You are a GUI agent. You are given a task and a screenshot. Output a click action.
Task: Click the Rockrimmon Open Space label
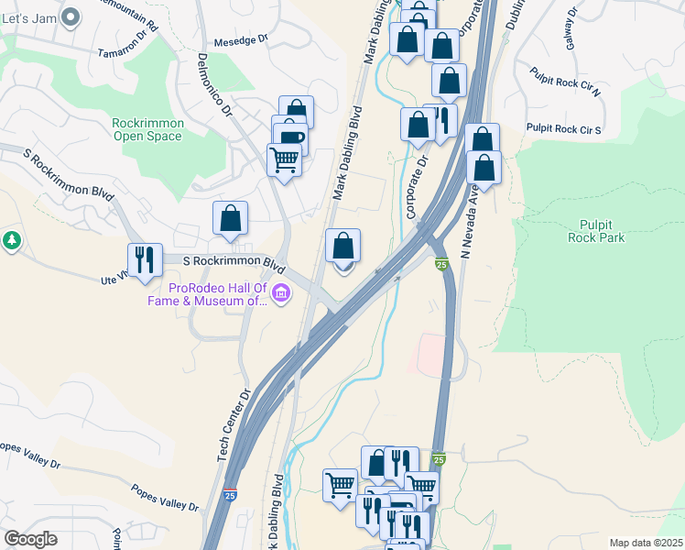click(x=147, y=129)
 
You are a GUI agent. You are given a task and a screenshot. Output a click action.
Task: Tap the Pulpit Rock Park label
click(x=602, y=230)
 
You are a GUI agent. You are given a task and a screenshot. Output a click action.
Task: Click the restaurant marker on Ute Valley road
click(x=145, y=260)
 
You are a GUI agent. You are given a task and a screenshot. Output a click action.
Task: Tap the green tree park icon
click(x=11, y=241)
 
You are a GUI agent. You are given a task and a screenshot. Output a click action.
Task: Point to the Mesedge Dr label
click(x=240, y=40)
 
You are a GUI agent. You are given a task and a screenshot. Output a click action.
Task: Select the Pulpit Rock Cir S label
click(x=563, y=129)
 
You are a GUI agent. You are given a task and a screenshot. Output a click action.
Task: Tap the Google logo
click(x=30, y=539)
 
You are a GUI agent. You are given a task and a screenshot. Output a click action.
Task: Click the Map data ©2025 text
click(x=646, y=543)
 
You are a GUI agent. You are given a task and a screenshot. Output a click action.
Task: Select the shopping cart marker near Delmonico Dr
click(x=285, y=160)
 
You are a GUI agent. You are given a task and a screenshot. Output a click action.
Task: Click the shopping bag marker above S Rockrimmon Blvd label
click(x=230, y=218)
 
